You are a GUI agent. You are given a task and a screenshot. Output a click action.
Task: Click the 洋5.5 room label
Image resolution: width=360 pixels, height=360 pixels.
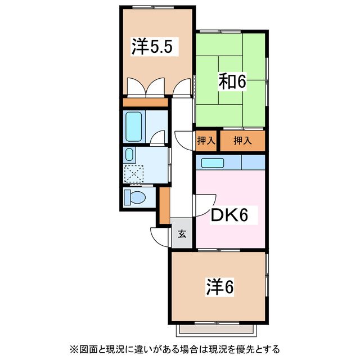(151, 47)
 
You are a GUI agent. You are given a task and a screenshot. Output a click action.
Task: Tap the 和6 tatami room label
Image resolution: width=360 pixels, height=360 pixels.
(232, 82)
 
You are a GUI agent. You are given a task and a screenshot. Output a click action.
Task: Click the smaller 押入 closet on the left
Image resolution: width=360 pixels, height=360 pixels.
(206, 141)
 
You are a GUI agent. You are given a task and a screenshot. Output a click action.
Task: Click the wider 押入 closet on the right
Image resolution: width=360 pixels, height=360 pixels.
(242, 141)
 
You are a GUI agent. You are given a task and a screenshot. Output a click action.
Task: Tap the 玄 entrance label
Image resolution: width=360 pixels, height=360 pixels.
(182, 233)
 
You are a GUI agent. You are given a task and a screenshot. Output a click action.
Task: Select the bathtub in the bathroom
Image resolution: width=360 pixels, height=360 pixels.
(135, 127)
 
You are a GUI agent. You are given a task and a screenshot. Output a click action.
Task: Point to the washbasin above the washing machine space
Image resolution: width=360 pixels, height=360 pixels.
(130, 155)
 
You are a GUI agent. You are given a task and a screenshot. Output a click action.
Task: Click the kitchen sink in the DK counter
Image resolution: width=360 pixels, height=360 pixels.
(213, 163)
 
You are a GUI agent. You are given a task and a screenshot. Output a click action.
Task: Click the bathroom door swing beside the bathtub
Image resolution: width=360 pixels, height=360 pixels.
(158, 137)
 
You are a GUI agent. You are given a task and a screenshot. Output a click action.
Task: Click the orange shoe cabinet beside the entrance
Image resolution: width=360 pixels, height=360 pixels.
(164, 205)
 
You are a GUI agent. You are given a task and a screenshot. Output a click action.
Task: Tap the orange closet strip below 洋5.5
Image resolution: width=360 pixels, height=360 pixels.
(146, 102)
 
